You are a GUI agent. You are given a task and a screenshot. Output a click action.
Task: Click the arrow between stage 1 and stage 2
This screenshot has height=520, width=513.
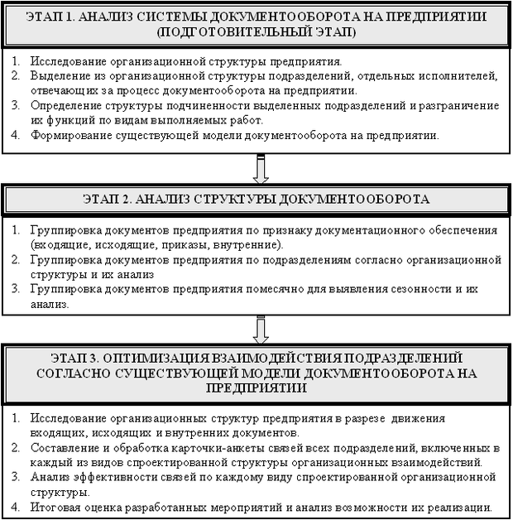click(x=261, y=169)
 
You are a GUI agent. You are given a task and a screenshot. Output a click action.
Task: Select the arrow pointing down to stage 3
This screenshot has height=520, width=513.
click(x=261, y=330)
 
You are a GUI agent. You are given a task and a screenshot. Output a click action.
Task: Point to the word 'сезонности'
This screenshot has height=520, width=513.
click(x=413, y=290)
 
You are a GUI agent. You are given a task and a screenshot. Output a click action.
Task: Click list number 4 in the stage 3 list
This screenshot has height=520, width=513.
click(x=17, y=507)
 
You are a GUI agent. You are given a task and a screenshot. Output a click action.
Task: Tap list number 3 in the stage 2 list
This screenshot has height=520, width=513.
click(x=17, y=290)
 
